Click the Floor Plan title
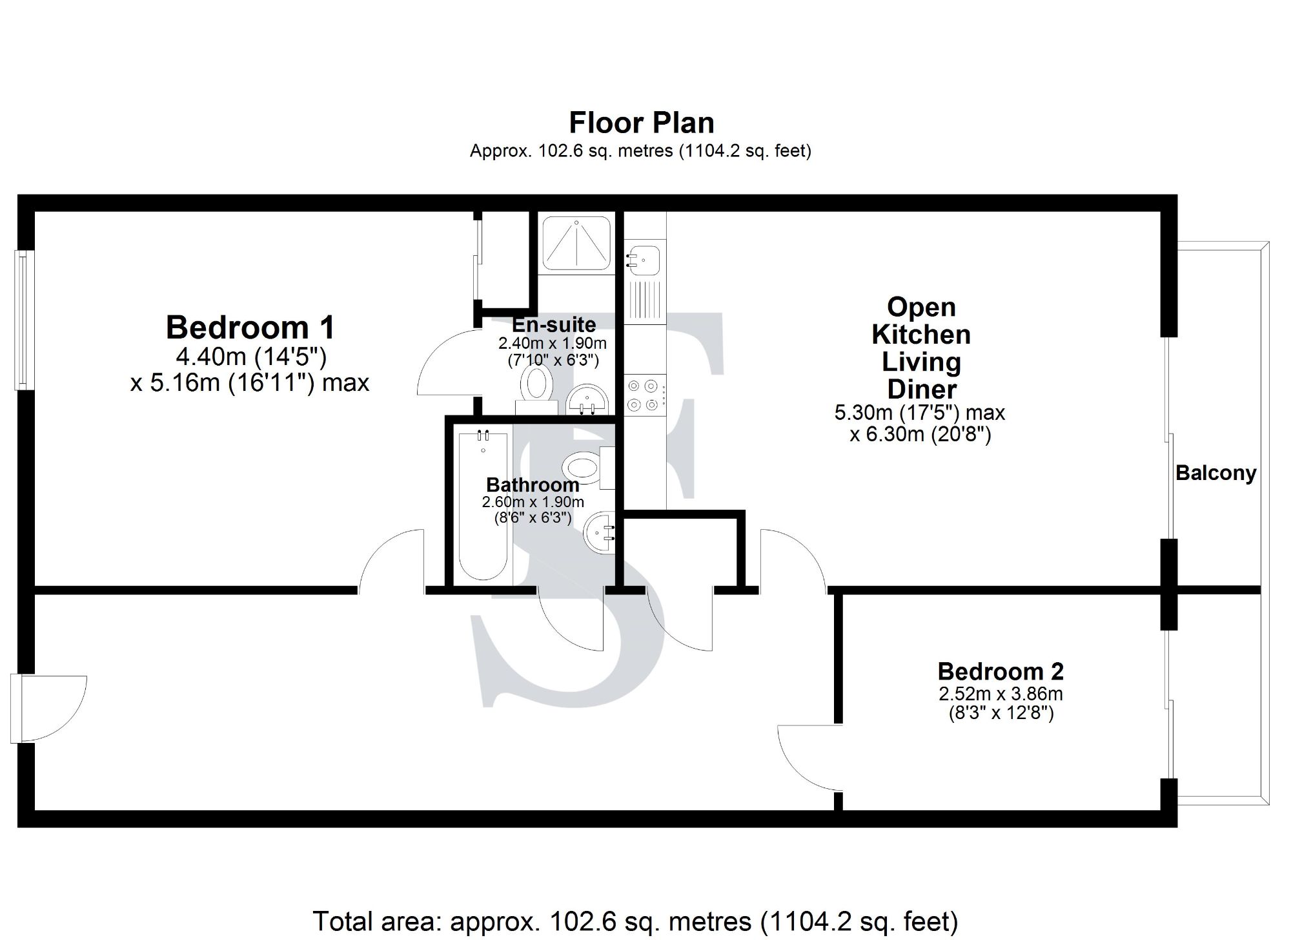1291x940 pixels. (641, 123)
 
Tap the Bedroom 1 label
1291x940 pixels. (250, 327)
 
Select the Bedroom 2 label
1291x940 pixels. (1000, 672)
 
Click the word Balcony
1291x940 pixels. (1215, 473)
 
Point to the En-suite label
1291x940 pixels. (553, 324)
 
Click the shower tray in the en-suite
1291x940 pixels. (576, 244)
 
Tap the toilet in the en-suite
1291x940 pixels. (536, 385)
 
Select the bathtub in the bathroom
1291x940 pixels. (483, 505)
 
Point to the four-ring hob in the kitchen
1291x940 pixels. (643, 395)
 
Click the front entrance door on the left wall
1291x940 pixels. (49, 708)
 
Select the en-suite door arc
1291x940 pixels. (447, 364)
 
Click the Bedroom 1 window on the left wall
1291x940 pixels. (23, 320)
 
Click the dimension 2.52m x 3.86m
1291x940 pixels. (1000, 695)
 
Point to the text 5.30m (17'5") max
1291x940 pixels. (919, 413)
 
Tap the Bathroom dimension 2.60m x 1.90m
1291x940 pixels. (533, 502)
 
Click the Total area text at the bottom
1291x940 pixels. (635, 921)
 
